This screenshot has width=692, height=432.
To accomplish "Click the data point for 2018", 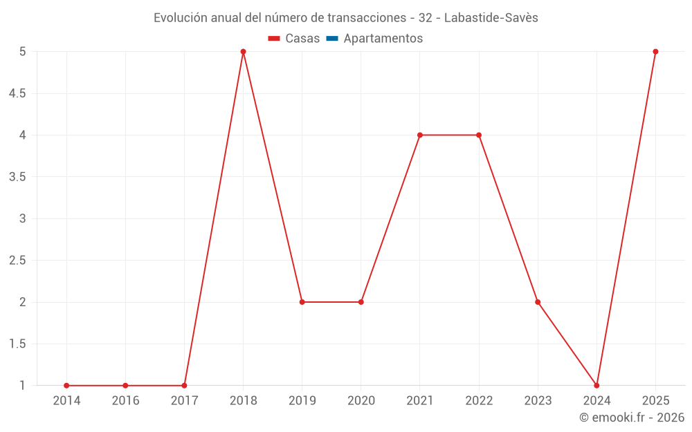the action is [243, 52].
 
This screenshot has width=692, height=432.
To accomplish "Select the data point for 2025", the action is [655, 52].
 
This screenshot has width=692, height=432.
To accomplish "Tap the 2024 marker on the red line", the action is [597, 386].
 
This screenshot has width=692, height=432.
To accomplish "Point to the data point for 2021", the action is [420, 135].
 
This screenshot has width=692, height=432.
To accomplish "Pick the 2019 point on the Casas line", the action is [302, 302].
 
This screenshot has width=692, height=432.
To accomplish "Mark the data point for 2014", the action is [66, 386].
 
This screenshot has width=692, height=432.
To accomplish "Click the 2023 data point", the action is [538, 302].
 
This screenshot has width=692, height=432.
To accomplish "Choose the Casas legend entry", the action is [294, 38].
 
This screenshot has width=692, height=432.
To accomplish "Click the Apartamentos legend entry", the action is [374, 38].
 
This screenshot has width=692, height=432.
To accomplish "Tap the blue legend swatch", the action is [332, 38].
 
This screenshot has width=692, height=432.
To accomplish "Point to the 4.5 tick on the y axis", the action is [17, 93].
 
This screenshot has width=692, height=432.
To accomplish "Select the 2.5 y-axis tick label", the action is [17, 260].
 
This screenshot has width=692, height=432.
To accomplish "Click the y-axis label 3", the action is [23, 218].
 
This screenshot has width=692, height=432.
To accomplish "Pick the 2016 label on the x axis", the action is [126, 401].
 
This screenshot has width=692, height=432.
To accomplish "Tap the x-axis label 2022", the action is [479, 401].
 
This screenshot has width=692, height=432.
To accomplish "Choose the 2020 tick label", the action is [361, 401].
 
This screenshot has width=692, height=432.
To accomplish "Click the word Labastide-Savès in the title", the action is [491, 18].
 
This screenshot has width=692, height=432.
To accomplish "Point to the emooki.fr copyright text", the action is [632, 417].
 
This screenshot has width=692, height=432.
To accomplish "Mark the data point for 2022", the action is [479, 135].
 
